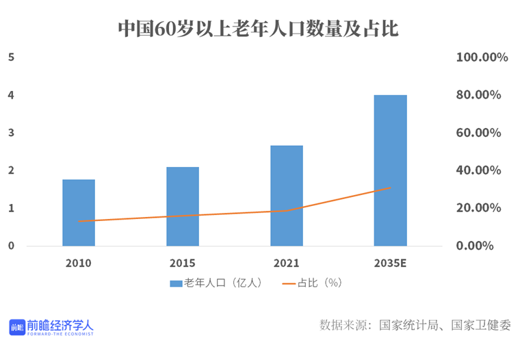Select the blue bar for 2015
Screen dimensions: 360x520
coord(183,206)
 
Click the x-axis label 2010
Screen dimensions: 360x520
coord(79,263)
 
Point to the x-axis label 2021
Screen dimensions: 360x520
coord(287,263)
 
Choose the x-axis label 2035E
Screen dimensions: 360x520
coord(390,263)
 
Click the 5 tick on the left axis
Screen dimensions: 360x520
coord(11,57)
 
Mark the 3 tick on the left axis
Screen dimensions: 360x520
coord(11,132)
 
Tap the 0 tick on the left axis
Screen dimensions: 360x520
coord(11,245)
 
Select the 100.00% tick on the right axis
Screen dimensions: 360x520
coord(482,57)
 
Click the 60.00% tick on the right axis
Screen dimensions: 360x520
coord(482,133)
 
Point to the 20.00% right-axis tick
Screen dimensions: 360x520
coord(482,208)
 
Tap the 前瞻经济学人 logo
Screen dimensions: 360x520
coord(51,327)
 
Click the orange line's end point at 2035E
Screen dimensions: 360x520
coord(390,188)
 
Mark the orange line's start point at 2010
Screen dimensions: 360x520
coord(79,221)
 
